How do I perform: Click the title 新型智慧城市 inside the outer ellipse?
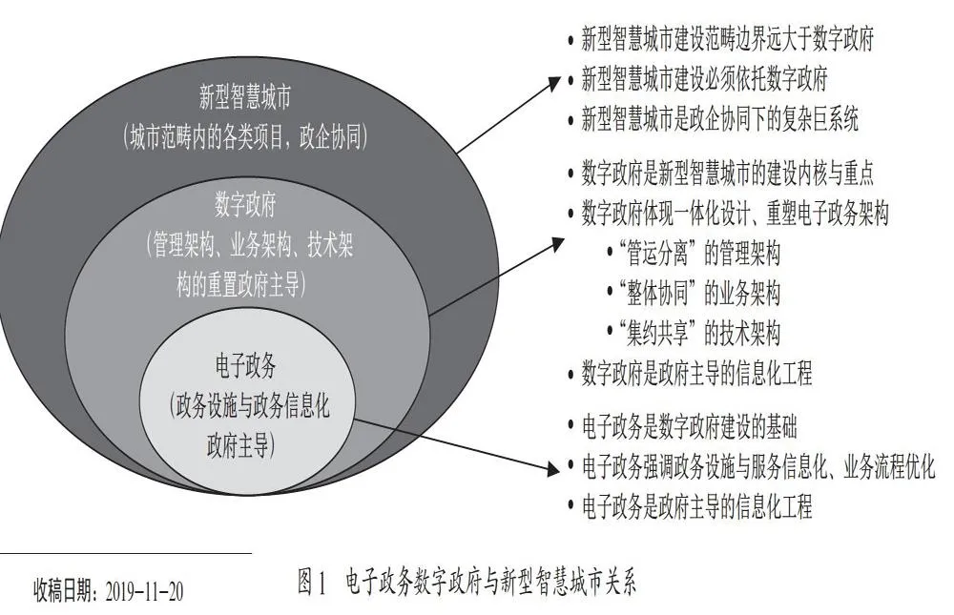246,96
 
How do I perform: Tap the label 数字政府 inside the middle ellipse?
246,204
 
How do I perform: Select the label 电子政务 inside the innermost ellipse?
246,365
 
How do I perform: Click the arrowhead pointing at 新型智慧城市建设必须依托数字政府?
552,82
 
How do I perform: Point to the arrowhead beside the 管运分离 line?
555,244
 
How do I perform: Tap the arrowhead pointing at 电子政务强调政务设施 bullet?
552,468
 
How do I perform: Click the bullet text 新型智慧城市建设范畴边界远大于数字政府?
727,38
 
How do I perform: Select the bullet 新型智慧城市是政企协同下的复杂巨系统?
719,118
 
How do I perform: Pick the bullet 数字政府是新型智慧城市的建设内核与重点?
727,174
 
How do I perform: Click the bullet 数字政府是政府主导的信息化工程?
696,373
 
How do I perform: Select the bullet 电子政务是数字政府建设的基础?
690,427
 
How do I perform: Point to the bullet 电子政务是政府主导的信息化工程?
697,506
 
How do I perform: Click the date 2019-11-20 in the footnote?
144,591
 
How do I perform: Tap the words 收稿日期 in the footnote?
64,590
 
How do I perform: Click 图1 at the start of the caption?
313,582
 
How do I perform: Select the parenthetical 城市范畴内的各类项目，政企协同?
246,137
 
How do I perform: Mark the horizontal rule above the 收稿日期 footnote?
126,554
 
